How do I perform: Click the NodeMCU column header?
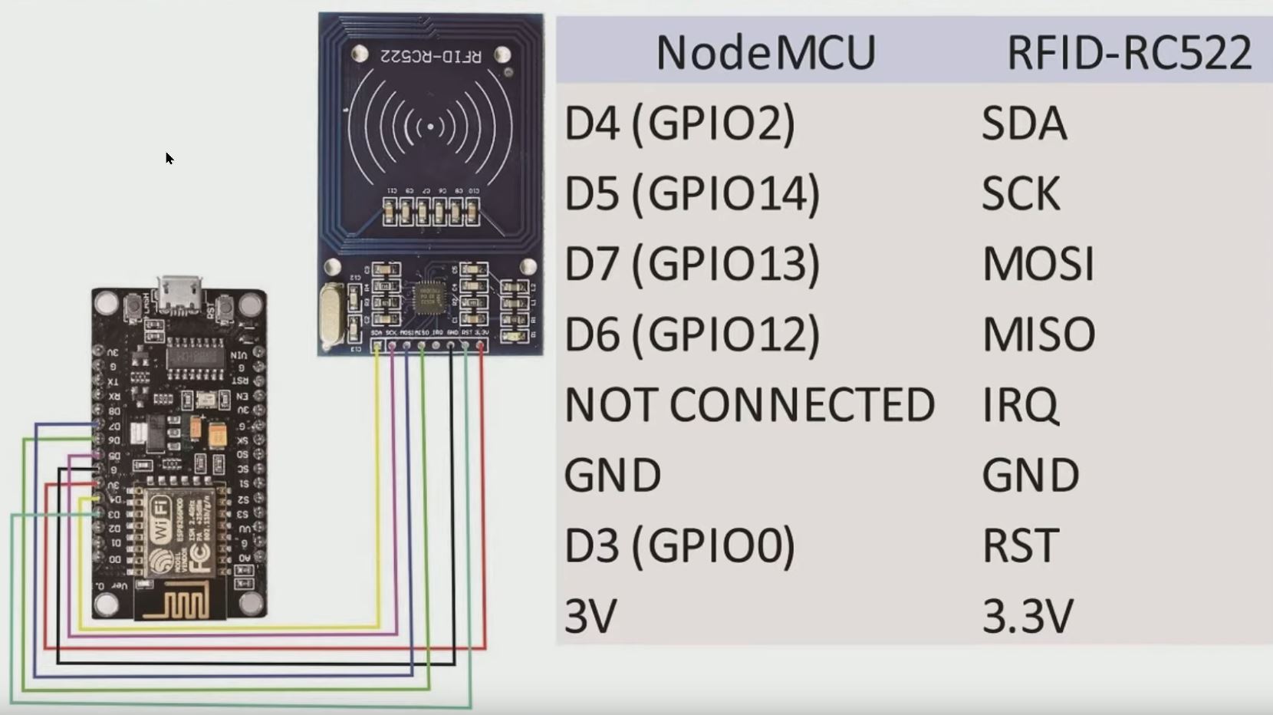[765, 53]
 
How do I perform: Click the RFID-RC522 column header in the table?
[1129, 53]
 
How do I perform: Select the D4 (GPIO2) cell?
[679, 124]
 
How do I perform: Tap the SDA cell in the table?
[1024, 124]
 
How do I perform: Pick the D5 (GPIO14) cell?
[692, 193]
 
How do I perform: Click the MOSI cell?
[1038, 264]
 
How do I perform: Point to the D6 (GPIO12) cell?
[692, 334]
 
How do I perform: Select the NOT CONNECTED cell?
[749, 405]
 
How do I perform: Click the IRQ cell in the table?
[1020, 405]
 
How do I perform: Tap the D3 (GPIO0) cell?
[679, 545]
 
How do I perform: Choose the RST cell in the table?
[1020, 545]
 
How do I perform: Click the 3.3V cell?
[1028, 616]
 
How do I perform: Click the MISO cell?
[1038, 334]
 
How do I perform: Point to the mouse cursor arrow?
[169, 158]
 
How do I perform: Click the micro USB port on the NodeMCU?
[180, 295]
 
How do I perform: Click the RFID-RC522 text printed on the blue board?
[431, 56]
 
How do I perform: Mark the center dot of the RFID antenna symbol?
[431, 127]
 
